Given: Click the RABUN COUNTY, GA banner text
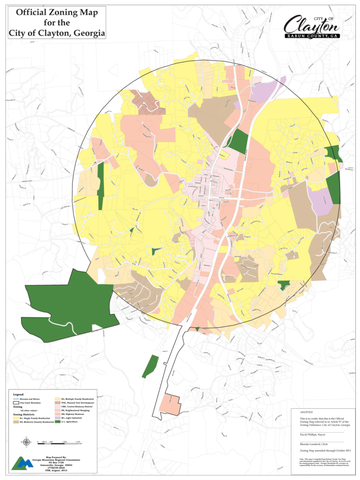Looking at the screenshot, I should click(312, 36).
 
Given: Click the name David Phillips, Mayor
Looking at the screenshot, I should click(315, 435).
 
